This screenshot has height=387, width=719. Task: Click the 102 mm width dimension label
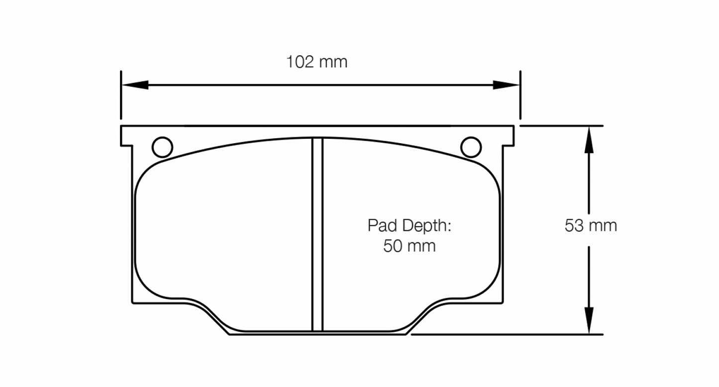pyautogui.click(x=316, y=62)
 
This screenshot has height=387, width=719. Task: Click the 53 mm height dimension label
pyautogui.click(x=591, y=226)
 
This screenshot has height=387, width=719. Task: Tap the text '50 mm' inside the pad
pyautogui.click(x=409, y=246)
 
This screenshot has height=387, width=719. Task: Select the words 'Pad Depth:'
pyautogui.click(x=409, y=226)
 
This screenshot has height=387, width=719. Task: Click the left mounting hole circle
pyautogui.click(x=162, y=147)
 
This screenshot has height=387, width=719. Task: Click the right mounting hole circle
pyautogui.click(x=471, y=147)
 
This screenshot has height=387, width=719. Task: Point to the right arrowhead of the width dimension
pyautogui.click(x=506, y=85)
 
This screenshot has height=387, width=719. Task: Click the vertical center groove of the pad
pyautogui.click(x=317, y=234)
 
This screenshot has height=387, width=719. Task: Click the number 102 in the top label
pyautogui.click(x=300, y=62)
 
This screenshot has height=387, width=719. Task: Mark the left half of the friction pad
pyautogui.click(x=224, y=229)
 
